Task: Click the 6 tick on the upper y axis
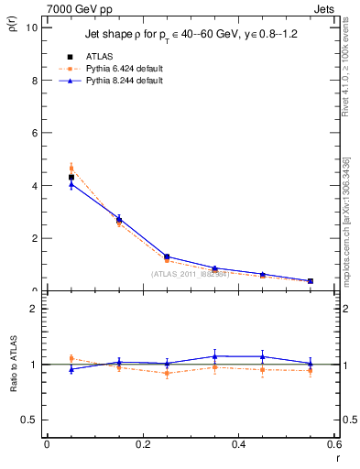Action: click(x=34, y=133)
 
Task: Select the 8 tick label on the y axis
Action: click(x=34, y=81)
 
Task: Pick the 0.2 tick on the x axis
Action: click(x=142, y=444)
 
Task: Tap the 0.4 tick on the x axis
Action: click(x=238, y=444)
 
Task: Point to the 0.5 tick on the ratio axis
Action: click(x=30, y=420)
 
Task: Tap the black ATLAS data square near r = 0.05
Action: click(x=71, y=177)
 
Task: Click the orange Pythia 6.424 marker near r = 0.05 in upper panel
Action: click(x=71, y=168)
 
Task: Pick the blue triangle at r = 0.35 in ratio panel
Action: click(x=214, y=355)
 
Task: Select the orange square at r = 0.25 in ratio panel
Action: click(x=167, y=373)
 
